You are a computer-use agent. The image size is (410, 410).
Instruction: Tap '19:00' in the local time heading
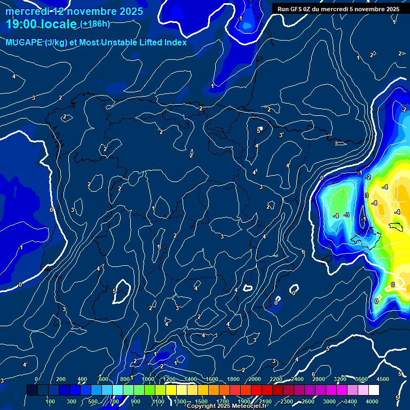pyautogui.click(x=22, y=24)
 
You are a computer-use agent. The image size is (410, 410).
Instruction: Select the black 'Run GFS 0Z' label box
pyautogui.click(x=338, y=9)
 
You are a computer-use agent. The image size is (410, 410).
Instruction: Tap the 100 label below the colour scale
pyautogui.click(x=50, y=401)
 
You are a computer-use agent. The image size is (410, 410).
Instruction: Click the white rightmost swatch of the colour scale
pyautogui.click(x=389, y=390)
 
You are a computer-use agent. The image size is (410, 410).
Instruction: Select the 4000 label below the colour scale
pyautogui.click(x=372, y=401)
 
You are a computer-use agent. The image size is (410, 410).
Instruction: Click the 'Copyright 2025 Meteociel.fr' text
pyautogui.click(x=227, y=406)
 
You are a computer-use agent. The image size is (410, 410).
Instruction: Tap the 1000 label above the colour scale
pyautogui.click(x=148, y=379)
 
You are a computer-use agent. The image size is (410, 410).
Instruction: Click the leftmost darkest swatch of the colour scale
pyautogui.click(x=32, y=390)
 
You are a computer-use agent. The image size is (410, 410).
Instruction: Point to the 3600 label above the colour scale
pyautogui.click(x=361, y=379)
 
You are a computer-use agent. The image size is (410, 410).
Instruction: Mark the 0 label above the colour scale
pyautogui.click(x=36, y=379)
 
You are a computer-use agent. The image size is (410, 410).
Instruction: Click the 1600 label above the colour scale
pyautogui.click(x=212, y=379)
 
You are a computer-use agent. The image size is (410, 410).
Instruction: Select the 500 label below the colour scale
pyautogui.click(x=93, y=401)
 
